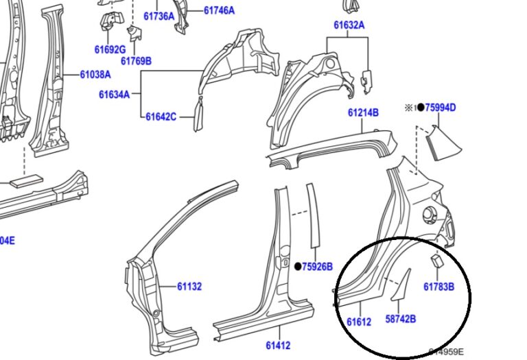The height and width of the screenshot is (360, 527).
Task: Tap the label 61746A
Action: pos(219,10)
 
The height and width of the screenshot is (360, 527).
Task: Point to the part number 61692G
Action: pos(110,49)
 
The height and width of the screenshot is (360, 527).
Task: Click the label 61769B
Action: pos(136,61)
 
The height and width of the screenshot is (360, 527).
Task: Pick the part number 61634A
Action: pos(114,95)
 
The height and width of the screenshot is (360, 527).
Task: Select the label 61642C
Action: pos(161,117)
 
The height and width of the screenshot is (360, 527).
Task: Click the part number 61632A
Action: pos(349,25)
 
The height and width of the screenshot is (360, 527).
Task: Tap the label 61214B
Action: pos(363,112)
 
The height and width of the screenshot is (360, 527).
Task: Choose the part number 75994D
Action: pos(441,107)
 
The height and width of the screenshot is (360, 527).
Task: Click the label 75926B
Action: pos(317,267)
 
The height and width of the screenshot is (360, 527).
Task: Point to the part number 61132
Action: pos(189,287)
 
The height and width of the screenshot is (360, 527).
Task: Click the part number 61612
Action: pos(359,322)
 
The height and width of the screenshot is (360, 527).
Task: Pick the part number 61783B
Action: pos(438,287)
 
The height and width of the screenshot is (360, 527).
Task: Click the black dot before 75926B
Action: pos(298,267)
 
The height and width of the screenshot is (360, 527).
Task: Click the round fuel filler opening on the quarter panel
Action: pos(432,213)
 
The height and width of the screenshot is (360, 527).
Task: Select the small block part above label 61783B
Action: pos(436,261)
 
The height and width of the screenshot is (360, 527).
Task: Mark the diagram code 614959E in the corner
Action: pos(446,352)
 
